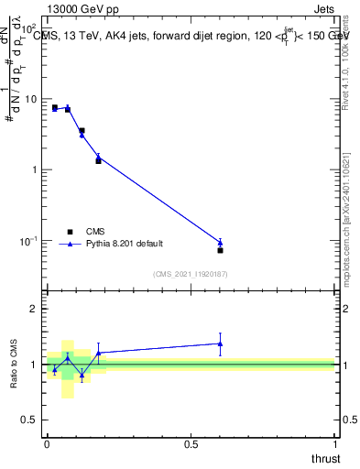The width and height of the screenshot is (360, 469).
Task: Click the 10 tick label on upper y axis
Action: (31, 99)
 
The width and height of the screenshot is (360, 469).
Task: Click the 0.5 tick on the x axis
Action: (191, 445)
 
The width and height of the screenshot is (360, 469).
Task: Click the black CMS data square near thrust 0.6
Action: (220, 250)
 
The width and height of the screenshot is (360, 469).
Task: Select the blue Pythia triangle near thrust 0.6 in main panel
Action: (220, 243)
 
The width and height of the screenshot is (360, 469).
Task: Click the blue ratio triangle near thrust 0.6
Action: (220, 344)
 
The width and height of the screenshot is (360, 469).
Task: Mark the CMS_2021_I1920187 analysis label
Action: (190, 273)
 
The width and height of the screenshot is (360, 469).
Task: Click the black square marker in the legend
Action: (70, 232)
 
